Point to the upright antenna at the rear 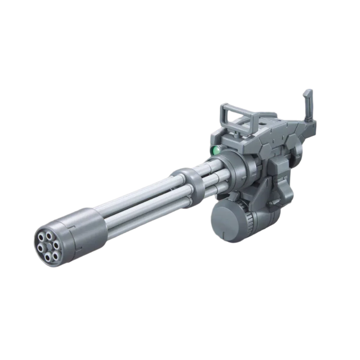click(309, 105)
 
